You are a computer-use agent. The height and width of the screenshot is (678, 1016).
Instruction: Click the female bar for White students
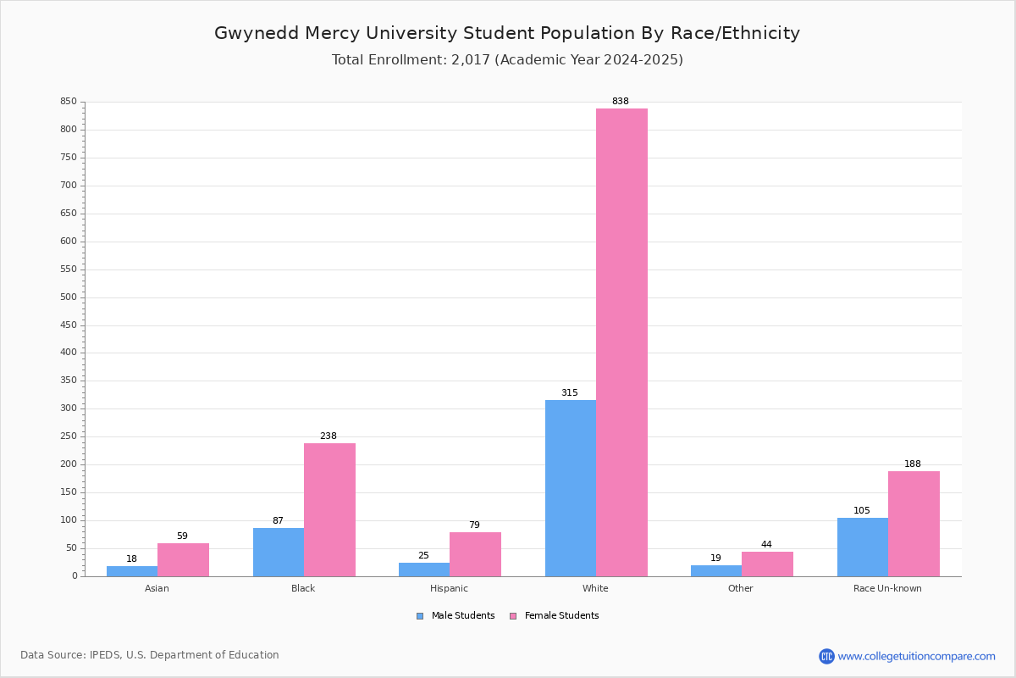[621, 342]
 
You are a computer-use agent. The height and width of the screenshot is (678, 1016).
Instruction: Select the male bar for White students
[571, 488]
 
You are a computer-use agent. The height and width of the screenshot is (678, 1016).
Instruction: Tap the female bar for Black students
[329, 510]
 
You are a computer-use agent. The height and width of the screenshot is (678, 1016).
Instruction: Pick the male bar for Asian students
[132, 571]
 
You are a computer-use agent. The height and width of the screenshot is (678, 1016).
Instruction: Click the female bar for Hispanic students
[475, 554]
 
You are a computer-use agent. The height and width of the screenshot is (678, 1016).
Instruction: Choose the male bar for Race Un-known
[863, 547]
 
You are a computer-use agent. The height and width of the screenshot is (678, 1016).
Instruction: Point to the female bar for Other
[767, 564]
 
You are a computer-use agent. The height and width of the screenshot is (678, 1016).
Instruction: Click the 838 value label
[621, 101]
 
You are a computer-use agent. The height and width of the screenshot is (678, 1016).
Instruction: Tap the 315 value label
[570, 392]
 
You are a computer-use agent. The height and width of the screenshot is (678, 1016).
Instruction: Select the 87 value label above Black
[278, 520]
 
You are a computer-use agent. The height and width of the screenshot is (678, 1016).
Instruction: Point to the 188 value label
[913, 464]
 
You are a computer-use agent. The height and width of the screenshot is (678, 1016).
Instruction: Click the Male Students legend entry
[456, 615]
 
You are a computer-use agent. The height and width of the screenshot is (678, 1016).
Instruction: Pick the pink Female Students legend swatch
[513, 616]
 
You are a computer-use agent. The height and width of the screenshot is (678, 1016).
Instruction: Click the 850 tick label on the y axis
[69, 101]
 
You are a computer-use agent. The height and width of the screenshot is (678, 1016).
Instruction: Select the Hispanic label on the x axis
[449, 588]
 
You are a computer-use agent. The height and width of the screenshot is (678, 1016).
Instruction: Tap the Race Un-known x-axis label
[887, 588]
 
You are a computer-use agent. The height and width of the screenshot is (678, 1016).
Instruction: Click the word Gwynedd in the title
[257, 34]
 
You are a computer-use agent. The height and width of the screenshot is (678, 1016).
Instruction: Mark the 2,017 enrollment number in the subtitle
[471, 59]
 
